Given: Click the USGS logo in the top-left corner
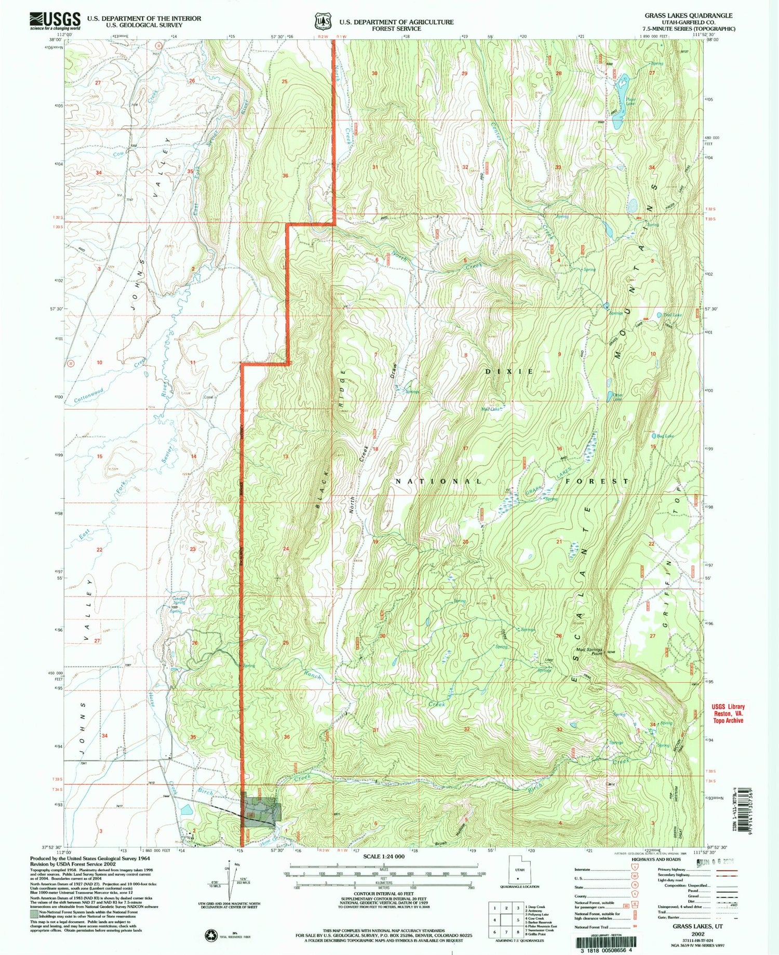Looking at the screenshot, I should [55, 21].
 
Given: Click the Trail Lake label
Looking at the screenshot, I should [673, 315].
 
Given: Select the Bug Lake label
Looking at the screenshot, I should [665, 436].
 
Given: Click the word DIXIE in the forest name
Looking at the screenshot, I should [509, 372].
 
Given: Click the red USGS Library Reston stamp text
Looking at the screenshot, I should [728, 713].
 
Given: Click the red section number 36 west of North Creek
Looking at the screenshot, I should [285, 176].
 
